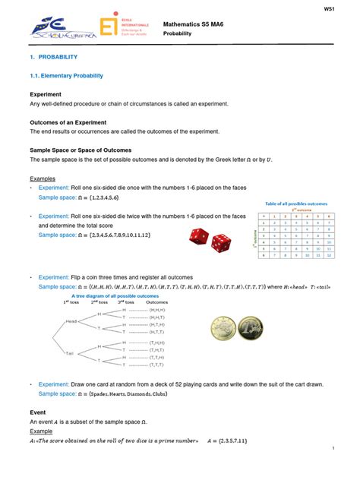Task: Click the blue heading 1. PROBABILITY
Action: click(53, 57)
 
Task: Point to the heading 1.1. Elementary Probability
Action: click(66, 76)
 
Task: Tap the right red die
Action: click(222, 243)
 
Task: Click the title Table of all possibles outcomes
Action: click(295, 204)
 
